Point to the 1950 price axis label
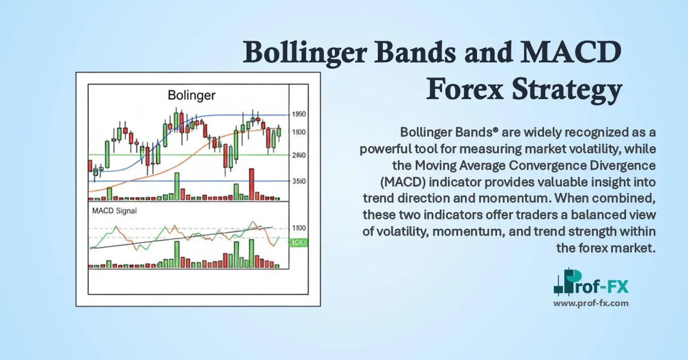[298, 115]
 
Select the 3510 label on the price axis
[298, 181]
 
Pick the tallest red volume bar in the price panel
[252, 183]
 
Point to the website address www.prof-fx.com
[591, 303]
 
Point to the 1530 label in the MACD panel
[298, 228]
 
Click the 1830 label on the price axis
[298, 132]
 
